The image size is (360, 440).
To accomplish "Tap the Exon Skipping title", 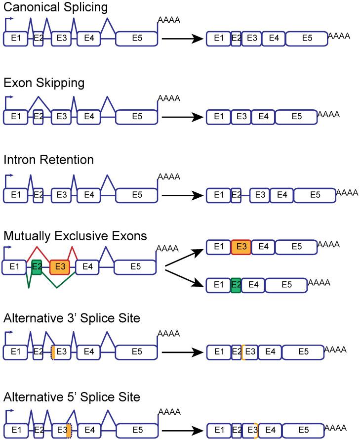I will point(44,84).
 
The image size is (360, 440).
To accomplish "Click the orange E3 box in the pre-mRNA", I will point(60,266).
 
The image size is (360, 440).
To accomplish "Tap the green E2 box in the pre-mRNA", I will point(36,266).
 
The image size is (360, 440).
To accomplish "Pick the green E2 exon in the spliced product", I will point(236,285).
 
